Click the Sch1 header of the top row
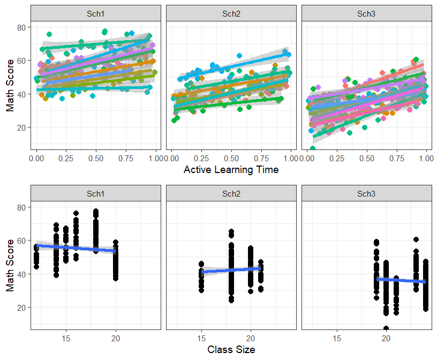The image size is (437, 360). [x=95, y=13]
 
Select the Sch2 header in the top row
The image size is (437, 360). [x=231, y=13]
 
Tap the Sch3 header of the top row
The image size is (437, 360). [x=366, y=13]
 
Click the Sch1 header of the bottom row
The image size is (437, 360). [x=95, y=193]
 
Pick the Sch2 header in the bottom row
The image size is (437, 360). [x=231, y=193]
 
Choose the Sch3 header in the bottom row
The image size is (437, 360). [x=366, y=193]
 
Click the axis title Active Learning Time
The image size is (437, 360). [x=231, y=169]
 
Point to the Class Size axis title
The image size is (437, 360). [x=231, y=349]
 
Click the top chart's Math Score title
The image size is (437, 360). [x=10, y=86]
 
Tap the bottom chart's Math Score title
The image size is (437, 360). [x=10, y=266]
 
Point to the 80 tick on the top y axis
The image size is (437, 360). [x=21, y=28]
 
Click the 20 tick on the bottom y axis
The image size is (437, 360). [x=21, y=307]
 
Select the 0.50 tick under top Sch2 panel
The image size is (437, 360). [x=231, y=159]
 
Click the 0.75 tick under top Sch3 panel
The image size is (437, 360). [x=397, y=159]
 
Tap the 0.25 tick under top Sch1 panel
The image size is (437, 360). [x=66, y=159]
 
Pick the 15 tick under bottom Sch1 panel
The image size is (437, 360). [x=66, y=338]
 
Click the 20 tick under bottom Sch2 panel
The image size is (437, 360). [x=251, y=338]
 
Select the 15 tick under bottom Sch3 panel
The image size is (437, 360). [x=337, y=338]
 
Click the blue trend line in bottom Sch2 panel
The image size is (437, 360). [x=231, y=270]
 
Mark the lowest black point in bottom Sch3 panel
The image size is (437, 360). [x=386, y=328]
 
